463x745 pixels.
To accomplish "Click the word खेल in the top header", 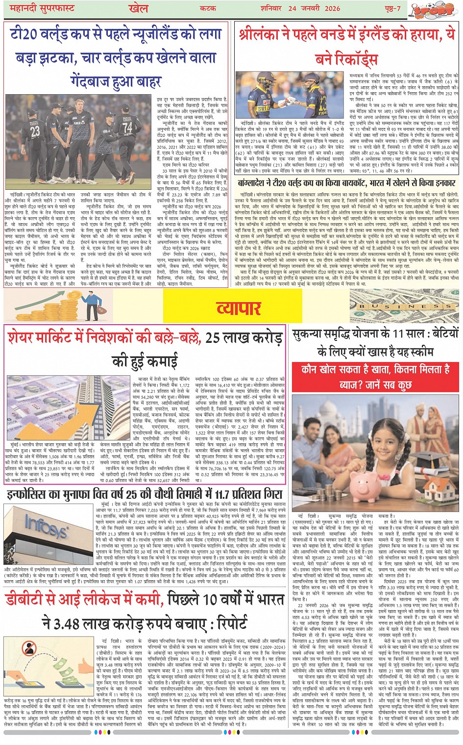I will (x=139, y=8).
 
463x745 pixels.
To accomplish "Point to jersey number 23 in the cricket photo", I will (x=35, y=131).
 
